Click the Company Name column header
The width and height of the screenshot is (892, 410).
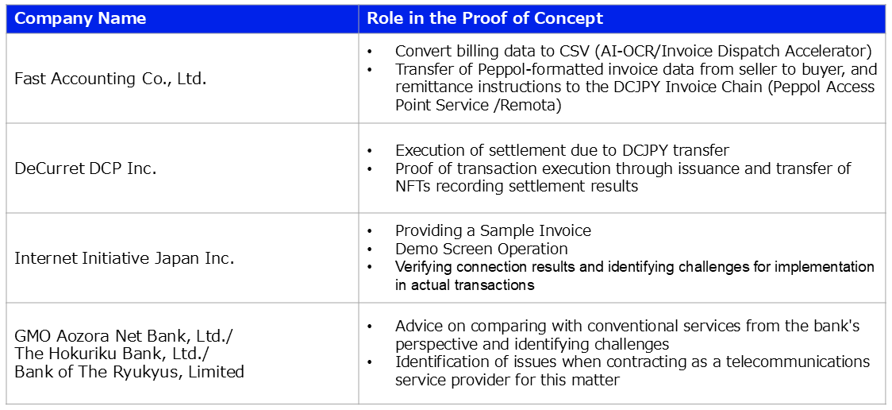pos(80,18)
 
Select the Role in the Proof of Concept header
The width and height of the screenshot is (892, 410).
pos(485,18)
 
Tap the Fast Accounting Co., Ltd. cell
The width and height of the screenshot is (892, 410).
pos(110,79)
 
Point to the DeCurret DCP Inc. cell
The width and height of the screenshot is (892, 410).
pos(86,168)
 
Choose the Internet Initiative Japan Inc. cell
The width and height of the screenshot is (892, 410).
pos(124,258)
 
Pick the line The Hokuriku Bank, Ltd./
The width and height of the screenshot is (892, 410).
pos(112,354)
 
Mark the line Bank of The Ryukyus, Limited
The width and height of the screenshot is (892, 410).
pos(129,371)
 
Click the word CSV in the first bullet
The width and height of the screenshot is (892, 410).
pos(573,51)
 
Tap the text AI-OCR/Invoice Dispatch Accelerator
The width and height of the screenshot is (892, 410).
pos(731,52)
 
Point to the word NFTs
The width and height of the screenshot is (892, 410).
pos(413,186)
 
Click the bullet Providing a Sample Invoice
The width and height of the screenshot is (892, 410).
pos(493,230)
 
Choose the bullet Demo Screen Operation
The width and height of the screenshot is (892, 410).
pos(481,249)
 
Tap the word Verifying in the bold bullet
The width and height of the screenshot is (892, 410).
pos(423,267)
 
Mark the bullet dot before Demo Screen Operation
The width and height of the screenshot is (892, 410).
pos(370,249)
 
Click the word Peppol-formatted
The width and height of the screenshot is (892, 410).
pos(526,70)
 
